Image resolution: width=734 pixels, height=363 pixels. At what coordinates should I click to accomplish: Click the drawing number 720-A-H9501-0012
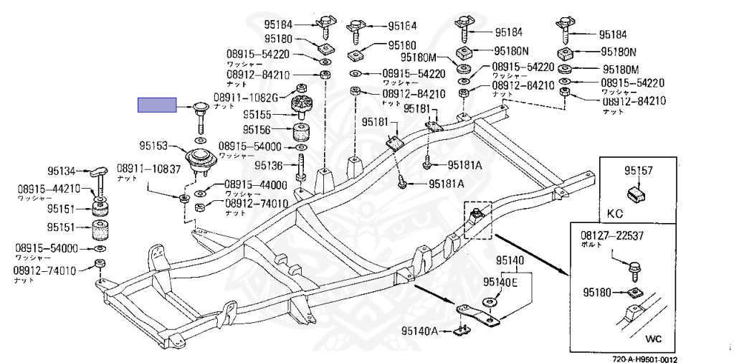point(644,359)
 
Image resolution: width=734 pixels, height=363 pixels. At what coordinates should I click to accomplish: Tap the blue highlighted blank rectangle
point(157,105)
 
